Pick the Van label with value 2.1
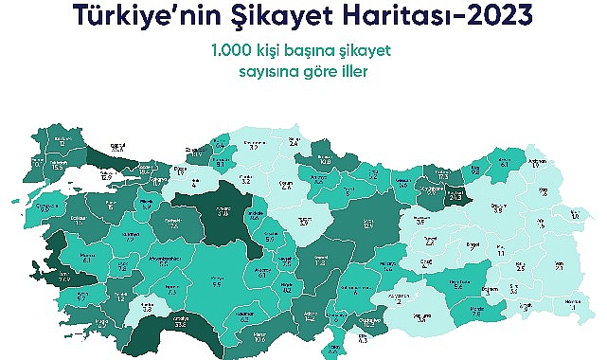pyautogui.click(x=558, y=266)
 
